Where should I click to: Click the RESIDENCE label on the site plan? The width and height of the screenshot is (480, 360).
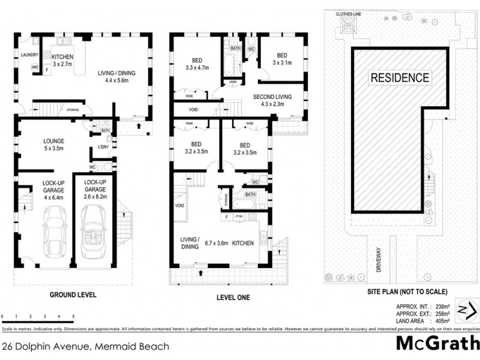(x=399, y=77)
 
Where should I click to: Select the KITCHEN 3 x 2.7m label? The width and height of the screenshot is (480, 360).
(x=62, y=43)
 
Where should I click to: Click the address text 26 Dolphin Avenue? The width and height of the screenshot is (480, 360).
(x=85, y=346)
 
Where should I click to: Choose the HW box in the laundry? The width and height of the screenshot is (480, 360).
(x=35, y=67)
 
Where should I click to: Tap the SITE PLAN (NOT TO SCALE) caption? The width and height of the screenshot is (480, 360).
(x=407, y=292)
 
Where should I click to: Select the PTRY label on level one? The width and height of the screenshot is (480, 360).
(x=239, y=217)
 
